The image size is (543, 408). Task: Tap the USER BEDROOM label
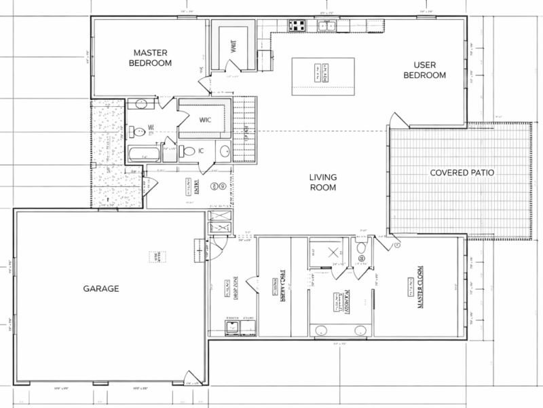click(x=425, y=70)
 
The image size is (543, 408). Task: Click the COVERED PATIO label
click(x=461, y=173)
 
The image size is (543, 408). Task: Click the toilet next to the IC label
click(x=191, y=151)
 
